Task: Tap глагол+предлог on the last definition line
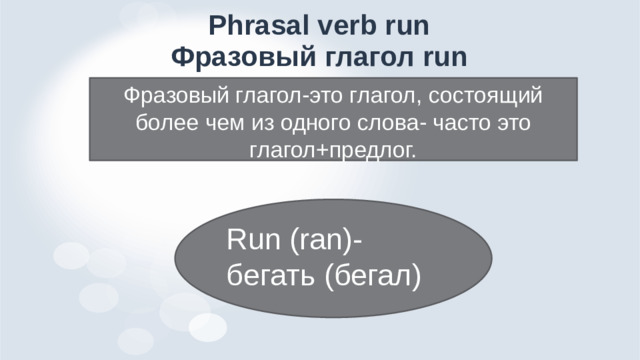coord(331,149)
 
